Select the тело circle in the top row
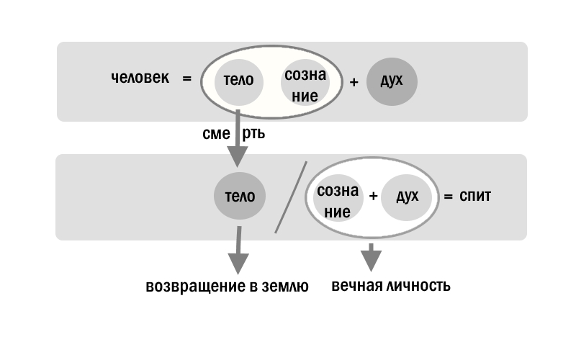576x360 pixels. pos(238,81)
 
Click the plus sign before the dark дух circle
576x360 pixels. pos(354,82)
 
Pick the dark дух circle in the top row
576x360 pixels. pos(392,81)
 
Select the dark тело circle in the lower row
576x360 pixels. pos(240,196)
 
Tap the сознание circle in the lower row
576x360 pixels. pos(337,201)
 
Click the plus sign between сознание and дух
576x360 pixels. pos(373,196)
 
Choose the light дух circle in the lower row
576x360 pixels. pos(407,196)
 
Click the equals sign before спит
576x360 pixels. pos(447,196)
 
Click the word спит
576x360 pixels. pos(475,196)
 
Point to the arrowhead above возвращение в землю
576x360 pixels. pos(237,263)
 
